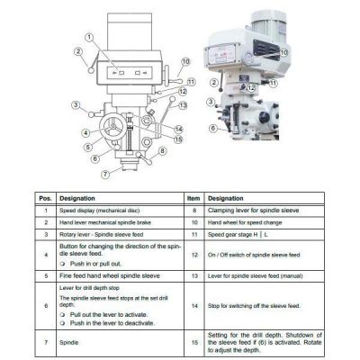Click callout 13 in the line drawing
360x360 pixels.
click(179, 104)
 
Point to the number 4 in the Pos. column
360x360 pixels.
click(44, 256)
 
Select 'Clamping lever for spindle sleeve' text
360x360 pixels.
click(255, 210)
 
